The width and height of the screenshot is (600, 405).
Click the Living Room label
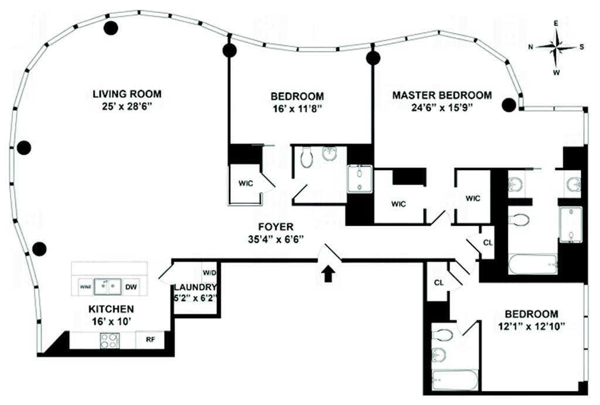[127, 94]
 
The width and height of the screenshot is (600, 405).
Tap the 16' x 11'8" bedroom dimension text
[297, 108]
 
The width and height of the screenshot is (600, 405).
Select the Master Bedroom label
[442, 95]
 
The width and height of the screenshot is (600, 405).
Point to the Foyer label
[276, 227]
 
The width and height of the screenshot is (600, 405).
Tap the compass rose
[556, 47]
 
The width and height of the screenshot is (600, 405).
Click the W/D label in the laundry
[210, 273]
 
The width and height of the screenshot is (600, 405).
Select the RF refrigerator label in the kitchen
[151, 339]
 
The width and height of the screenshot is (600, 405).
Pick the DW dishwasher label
[131, 287]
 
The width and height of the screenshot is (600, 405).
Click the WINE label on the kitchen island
[86, 287]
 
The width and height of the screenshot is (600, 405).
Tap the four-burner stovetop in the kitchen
[110, 341]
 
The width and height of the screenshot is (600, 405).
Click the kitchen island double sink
[108, 286]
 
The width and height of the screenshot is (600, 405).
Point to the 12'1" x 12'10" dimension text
[531, 326]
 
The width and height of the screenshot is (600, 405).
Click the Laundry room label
[195, 287]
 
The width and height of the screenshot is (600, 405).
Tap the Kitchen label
[111, 309]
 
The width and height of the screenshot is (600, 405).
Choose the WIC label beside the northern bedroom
[246, 183]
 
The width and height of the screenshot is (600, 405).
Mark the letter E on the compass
[556, 23]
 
